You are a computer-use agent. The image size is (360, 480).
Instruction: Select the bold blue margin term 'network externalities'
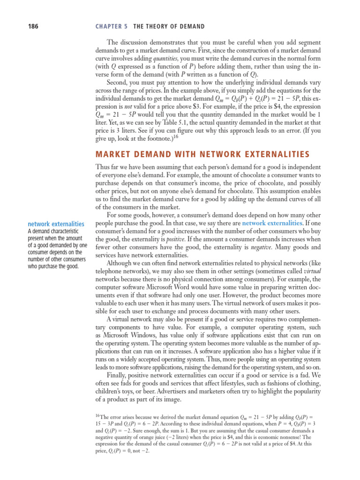click(56, 224)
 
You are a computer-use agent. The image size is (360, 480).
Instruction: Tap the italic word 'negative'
click(258, 247)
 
